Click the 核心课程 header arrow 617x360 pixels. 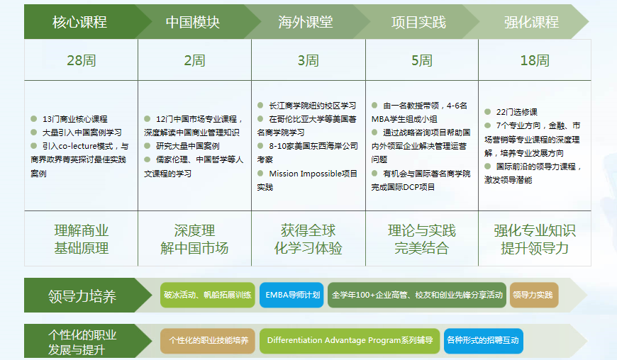point(79,22)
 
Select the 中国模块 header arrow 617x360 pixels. point(193,22)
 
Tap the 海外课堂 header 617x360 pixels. point(306,22)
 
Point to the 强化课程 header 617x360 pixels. point(532,22)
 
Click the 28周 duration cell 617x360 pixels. point(81,60)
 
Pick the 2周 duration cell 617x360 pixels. point(194,60)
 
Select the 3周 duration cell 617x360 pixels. point(308,60)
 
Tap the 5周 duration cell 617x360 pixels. point(421,60)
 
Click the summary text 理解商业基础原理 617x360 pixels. point(81,239)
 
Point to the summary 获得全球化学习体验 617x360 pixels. point(308,239)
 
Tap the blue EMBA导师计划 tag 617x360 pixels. point(291,295)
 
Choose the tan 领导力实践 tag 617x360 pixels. point(533,295)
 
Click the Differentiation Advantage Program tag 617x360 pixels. point(350,340)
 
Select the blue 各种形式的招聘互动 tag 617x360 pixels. point(482,340)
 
